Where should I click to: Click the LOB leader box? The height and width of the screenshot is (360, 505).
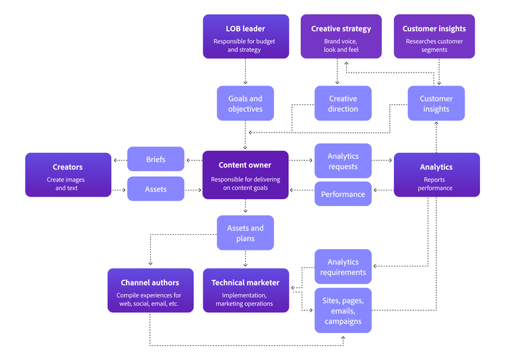(x=245, y=36)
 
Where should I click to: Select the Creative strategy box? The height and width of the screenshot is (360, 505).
(x=341, y=36)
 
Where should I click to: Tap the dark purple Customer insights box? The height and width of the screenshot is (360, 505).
(x=434, y=36)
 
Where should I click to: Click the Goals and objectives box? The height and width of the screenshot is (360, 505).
(x=245, y=104)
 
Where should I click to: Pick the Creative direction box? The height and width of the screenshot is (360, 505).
(x=343, y=104)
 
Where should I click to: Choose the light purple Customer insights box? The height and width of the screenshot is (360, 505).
(x=436, y=104)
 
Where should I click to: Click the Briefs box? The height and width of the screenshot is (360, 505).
(x=156, y=159)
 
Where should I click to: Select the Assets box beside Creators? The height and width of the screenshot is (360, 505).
(x=156, y=189)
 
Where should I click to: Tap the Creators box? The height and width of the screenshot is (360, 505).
(x=67, y=174)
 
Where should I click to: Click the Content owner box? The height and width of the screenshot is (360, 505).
(x=245, y=174)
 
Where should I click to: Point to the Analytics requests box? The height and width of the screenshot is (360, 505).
(x=343, y=161)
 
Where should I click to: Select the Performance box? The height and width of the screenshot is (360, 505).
(x=343, y=194)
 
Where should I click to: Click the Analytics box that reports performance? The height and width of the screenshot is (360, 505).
(x=436, y=174)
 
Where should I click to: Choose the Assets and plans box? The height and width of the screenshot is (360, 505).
(x=245, y=233)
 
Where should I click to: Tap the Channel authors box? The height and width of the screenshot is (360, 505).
(x=150, y=290)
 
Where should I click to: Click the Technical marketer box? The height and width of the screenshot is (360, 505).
(x=245, y=290)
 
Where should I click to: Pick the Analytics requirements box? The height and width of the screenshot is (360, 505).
(x=343, y=266)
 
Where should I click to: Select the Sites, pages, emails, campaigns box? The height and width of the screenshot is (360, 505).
(x=343, y=310)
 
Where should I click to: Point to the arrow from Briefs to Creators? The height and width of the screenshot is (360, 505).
(x=120, y=160)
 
